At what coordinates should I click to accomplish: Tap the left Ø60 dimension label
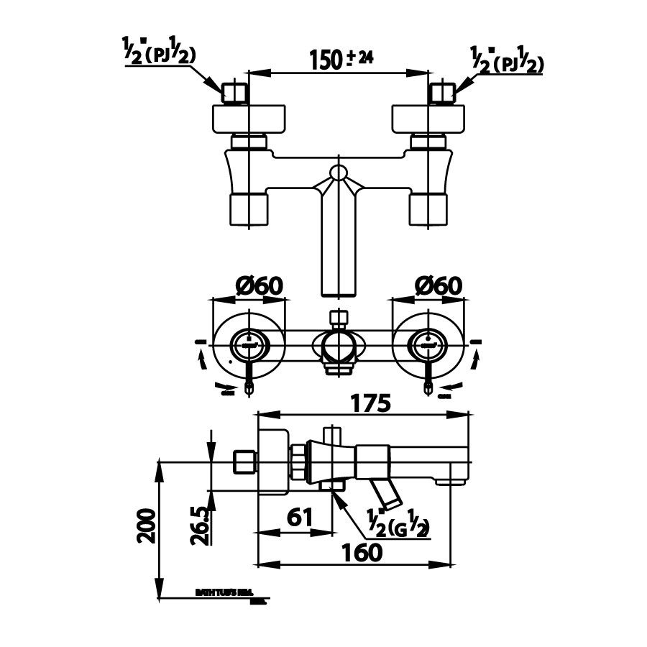(260, 285)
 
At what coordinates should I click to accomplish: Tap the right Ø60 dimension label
(439, 285)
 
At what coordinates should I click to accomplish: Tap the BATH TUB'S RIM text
(221, 594)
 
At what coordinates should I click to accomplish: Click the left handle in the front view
(249, 346)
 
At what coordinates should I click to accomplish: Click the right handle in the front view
(428, 346)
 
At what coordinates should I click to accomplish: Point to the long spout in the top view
(338, 244)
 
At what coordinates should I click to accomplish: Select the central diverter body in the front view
(338, 345)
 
